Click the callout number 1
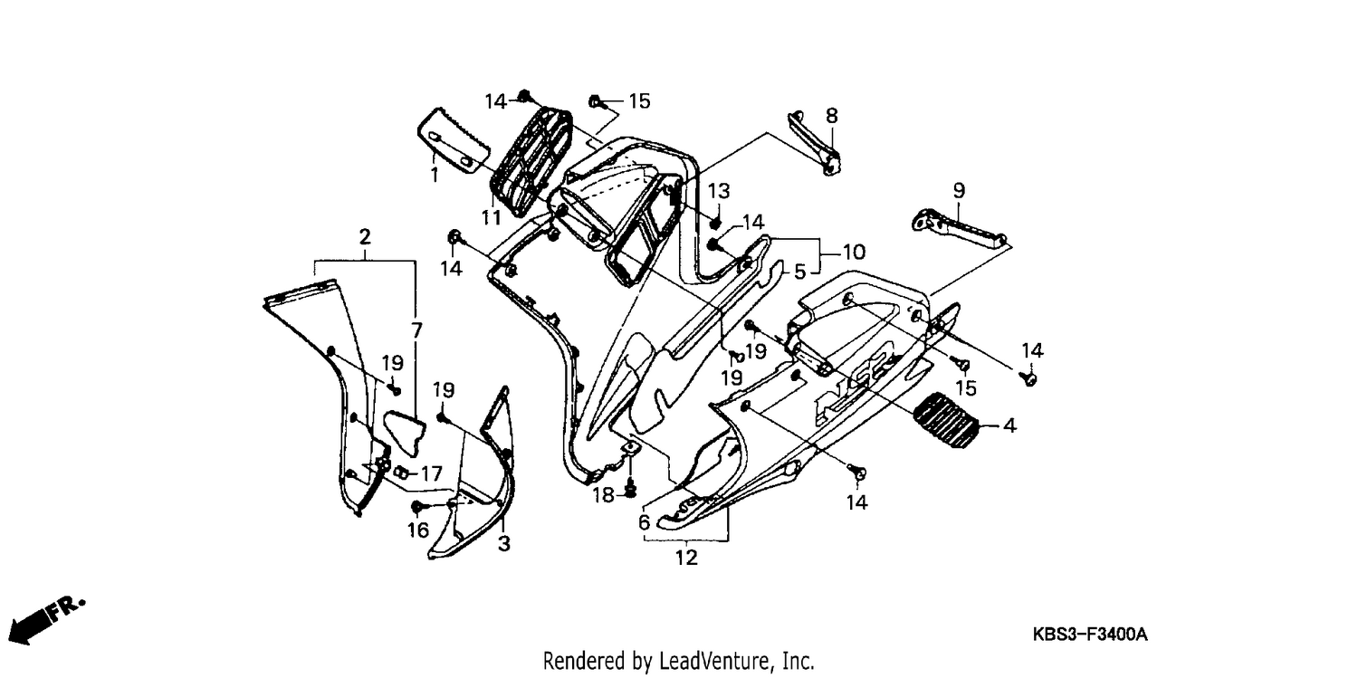[434, 175]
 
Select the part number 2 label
[364, 237]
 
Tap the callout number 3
[503, 543]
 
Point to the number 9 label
[959, 190]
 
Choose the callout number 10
[854, 252]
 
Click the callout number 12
[686, 557]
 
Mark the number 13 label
[719, 191]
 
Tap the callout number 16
[417, 530]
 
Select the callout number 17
[431, 473]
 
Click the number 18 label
[604, 495]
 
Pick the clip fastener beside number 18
[631, 488]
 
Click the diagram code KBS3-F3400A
[1090, 635]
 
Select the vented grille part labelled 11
[531, 162]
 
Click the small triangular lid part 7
[406, 433]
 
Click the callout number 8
[831, 115]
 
